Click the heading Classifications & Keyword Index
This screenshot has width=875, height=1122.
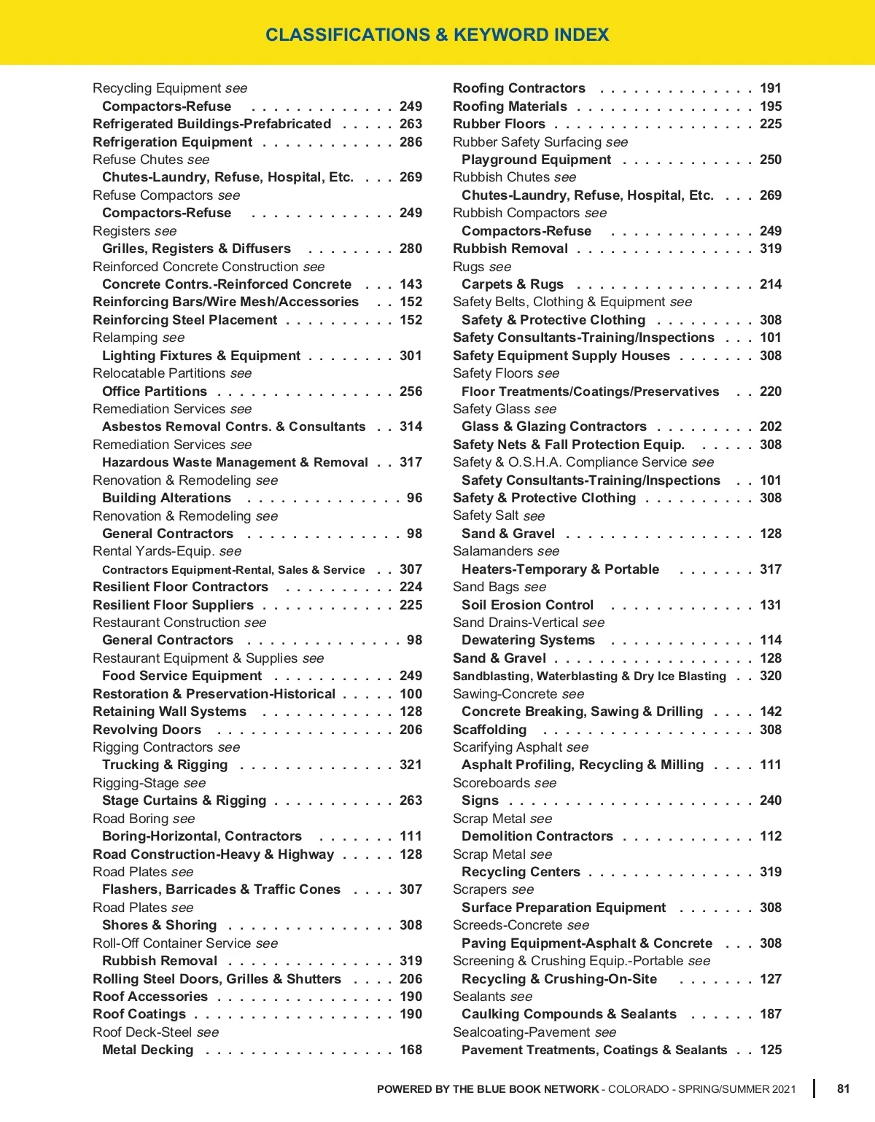point(437,34)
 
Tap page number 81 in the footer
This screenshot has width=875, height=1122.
point(843,1088)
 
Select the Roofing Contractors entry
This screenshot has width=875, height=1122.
point(518,88)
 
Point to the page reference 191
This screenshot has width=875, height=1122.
point(770,88)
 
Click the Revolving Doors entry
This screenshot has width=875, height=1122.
point(147,730)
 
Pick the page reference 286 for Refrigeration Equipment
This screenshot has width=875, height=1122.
point(411,142)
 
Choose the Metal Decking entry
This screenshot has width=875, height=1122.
point(147,1050)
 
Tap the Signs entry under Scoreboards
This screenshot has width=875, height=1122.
point(480,800)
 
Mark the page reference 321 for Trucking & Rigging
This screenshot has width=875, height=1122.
point(411,765)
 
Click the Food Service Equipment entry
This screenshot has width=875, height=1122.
point(182,676)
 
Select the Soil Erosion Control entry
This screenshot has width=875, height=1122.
point(527,605)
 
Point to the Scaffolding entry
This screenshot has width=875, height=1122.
point(489,730)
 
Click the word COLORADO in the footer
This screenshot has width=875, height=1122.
point(638,1089)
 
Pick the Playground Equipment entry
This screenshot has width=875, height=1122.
point(536,160)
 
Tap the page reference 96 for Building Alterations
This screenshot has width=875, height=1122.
point(414,498)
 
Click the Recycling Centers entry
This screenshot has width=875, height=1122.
point(521,872)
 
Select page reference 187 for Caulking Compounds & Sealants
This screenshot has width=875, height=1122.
point(770,1014)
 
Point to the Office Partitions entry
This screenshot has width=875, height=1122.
point(155,391)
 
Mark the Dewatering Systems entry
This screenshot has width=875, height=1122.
point(528,640)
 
